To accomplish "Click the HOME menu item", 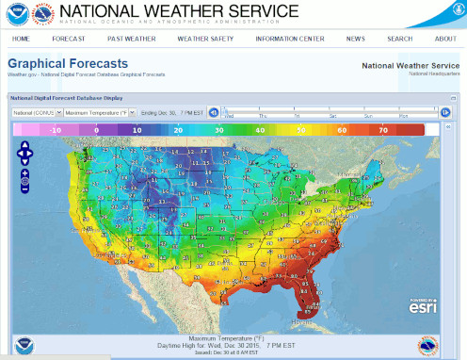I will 21,39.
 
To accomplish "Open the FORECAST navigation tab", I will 69,39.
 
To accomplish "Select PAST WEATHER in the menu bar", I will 131,39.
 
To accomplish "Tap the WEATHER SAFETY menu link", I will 205,39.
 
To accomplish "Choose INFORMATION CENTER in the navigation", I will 289,39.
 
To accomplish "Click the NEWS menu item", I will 355,39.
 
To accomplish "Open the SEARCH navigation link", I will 399,39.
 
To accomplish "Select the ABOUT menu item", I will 445,39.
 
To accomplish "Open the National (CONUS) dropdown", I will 37,112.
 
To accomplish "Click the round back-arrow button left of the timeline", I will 214,112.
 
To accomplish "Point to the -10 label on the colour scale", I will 56,129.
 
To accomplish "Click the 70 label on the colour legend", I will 383,129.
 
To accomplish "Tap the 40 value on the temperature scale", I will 261,129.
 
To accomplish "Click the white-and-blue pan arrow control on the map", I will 25,153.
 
